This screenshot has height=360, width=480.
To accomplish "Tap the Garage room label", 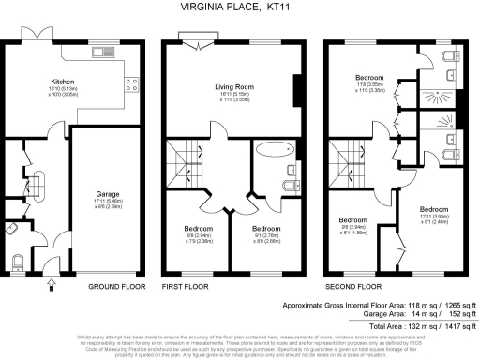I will (105, 196).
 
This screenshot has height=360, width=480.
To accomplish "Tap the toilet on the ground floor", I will (21, 260).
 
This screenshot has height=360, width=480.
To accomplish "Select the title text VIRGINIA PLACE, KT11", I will (240, 7).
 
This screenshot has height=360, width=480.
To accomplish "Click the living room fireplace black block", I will (297, 91).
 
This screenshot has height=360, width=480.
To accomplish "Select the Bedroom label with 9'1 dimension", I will (266, 228).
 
